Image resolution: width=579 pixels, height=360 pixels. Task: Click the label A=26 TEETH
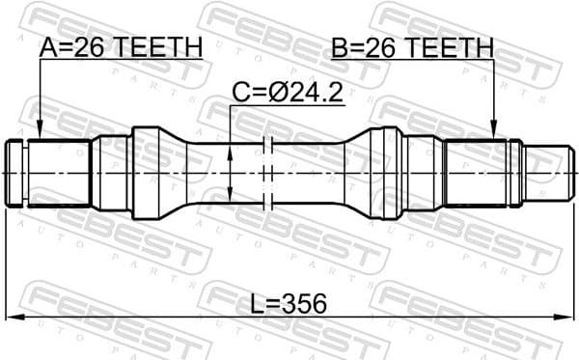click(x=120, y=45)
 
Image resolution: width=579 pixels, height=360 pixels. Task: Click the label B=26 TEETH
click(x=411, y=45)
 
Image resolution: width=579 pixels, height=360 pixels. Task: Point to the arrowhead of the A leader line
click(x=40, y=133)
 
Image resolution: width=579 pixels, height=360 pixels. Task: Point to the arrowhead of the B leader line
click(x=493, y=133)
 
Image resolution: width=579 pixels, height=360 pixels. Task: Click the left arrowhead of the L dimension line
click(x=12, y=317)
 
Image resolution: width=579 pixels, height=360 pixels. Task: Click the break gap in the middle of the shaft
click(x=269, y=172)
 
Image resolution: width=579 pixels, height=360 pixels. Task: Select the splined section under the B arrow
click(x=478, y=172)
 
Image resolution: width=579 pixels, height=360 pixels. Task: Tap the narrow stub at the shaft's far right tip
click(x=545, y=172)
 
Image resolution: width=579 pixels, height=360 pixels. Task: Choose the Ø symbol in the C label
click(x=277, y=93)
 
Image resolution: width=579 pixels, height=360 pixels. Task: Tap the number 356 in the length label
click(x=306, y=304)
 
